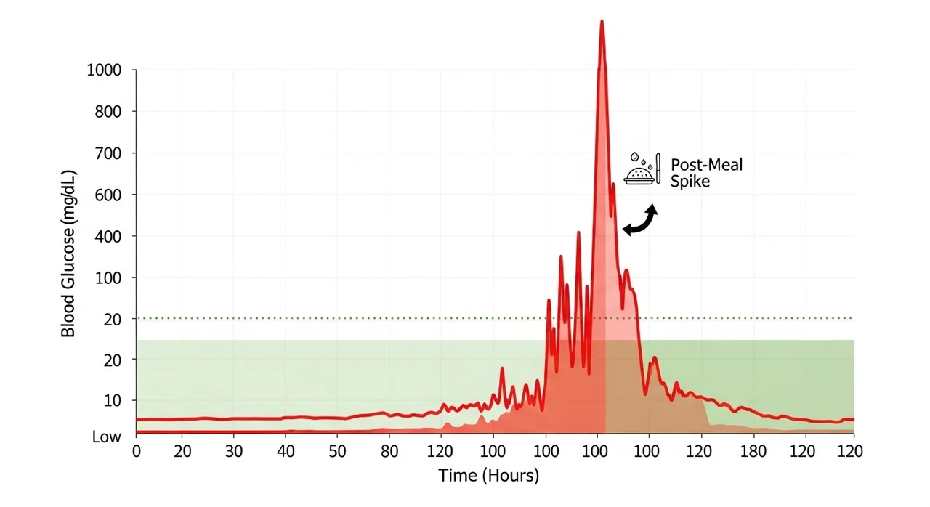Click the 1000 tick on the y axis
(105, 70)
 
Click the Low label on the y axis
(106, 437)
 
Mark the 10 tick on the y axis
(114, 400)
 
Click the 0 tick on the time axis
(137, 451)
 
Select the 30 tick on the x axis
(233, 451)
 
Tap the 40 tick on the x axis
(286, 451)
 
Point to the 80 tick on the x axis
(390, 451)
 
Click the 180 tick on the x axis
(753, 451)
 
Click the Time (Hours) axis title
(488, 476)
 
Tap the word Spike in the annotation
(691, 181)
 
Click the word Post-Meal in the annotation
(707, 164)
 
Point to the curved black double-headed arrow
(640, 220)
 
